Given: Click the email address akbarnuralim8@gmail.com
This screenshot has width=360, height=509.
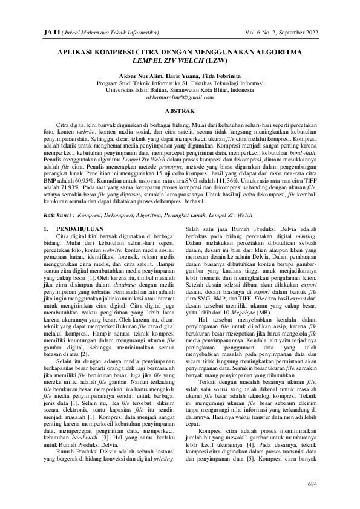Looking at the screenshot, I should pos(180,97).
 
